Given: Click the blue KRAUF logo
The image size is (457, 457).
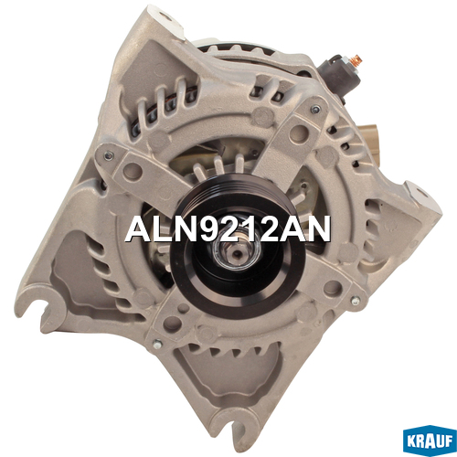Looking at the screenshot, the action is (x=430, y=441).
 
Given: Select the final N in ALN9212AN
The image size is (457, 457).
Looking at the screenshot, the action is (x=318, y=229).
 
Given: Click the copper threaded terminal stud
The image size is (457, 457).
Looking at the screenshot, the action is (x=356, y=61).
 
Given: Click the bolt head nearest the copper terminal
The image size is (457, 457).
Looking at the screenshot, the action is (x=316, y=109).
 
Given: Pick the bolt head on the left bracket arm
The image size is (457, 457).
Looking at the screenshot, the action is (x=109, y=155).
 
